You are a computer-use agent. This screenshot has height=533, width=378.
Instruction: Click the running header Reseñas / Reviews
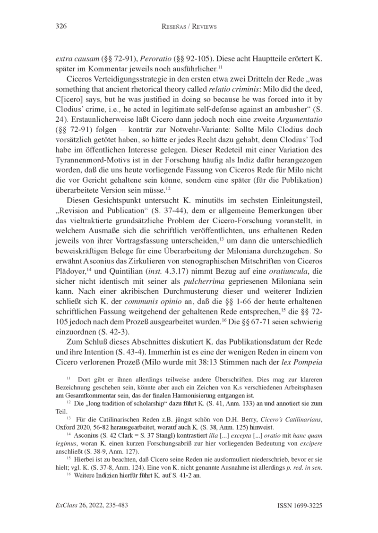[x=189, y=27]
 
